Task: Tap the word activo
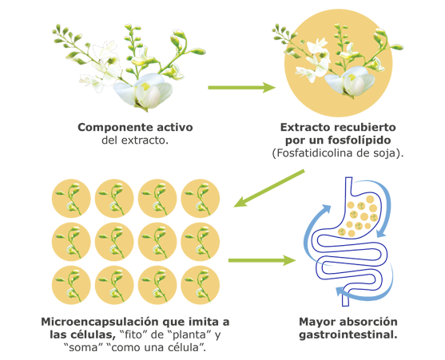click(x=175, y=127)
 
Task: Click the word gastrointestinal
click(x=348, y=335)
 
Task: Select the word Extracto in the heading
click(x=301, y=128)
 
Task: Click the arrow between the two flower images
click(x=241, y=88)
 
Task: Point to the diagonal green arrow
click(x=268, y=188)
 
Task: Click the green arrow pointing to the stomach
click(x=262, y=260)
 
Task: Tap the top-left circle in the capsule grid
click(x=71, y=198)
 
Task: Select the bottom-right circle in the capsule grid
click(x=200, y=285)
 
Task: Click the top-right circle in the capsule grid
click(x=200, y=198)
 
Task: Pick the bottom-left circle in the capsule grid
click(x=71, y=285)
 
